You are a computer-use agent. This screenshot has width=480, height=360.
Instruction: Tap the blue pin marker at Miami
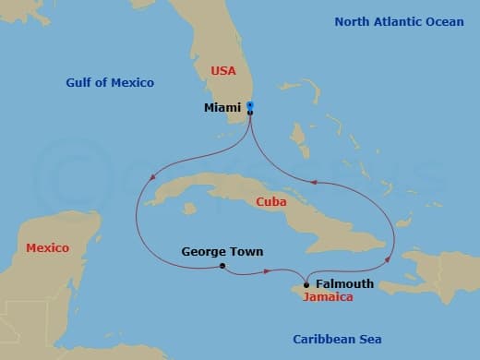coord(251,106)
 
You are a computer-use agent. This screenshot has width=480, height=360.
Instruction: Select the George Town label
coord(222,251)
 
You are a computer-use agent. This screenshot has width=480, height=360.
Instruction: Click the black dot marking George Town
coord(222,266)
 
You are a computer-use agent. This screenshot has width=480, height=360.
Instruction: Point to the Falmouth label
coord(344,284)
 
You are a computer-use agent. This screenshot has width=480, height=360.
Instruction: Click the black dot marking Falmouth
coord(306,284)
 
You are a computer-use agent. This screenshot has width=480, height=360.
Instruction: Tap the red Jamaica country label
coord(327,298)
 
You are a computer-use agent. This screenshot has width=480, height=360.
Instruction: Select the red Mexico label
coord(47,247)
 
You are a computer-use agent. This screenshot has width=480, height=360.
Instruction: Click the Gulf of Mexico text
coord(110,83)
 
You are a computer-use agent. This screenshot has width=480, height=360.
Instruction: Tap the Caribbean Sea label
coord(338,339)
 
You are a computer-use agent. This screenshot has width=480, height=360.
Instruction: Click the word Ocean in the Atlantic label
coord(445,21)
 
